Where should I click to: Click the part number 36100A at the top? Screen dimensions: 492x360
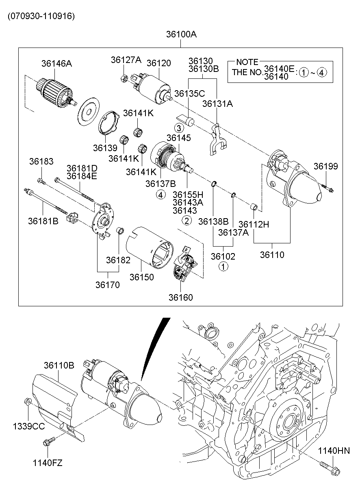pos(181,35)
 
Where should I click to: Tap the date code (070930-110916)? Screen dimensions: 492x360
pos(41,16)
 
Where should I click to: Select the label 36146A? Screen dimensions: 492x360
pos(56,63)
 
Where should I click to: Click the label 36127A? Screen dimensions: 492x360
pos(126,60)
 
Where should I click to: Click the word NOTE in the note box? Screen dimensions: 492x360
pos(247,62)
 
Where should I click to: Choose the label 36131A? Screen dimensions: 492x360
pos(217,104)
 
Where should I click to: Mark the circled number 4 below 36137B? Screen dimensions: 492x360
pos(161,195)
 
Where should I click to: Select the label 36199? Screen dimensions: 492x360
pos(325,166)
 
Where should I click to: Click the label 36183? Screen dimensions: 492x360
pos(41,161)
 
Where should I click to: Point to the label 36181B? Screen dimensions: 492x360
pos(43,221)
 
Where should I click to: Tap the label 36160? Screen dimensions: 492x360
pos(181,297)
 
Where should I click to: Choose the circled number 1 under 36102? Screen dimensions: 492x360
pos(223,267)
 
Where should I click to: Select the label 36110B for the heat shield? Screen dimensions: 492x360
pos(59,365)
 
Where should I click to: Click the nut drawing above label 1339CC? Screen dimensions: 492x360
pos(28,402)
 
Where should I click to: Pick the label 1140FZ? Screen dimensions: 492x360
pos(48,462)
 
